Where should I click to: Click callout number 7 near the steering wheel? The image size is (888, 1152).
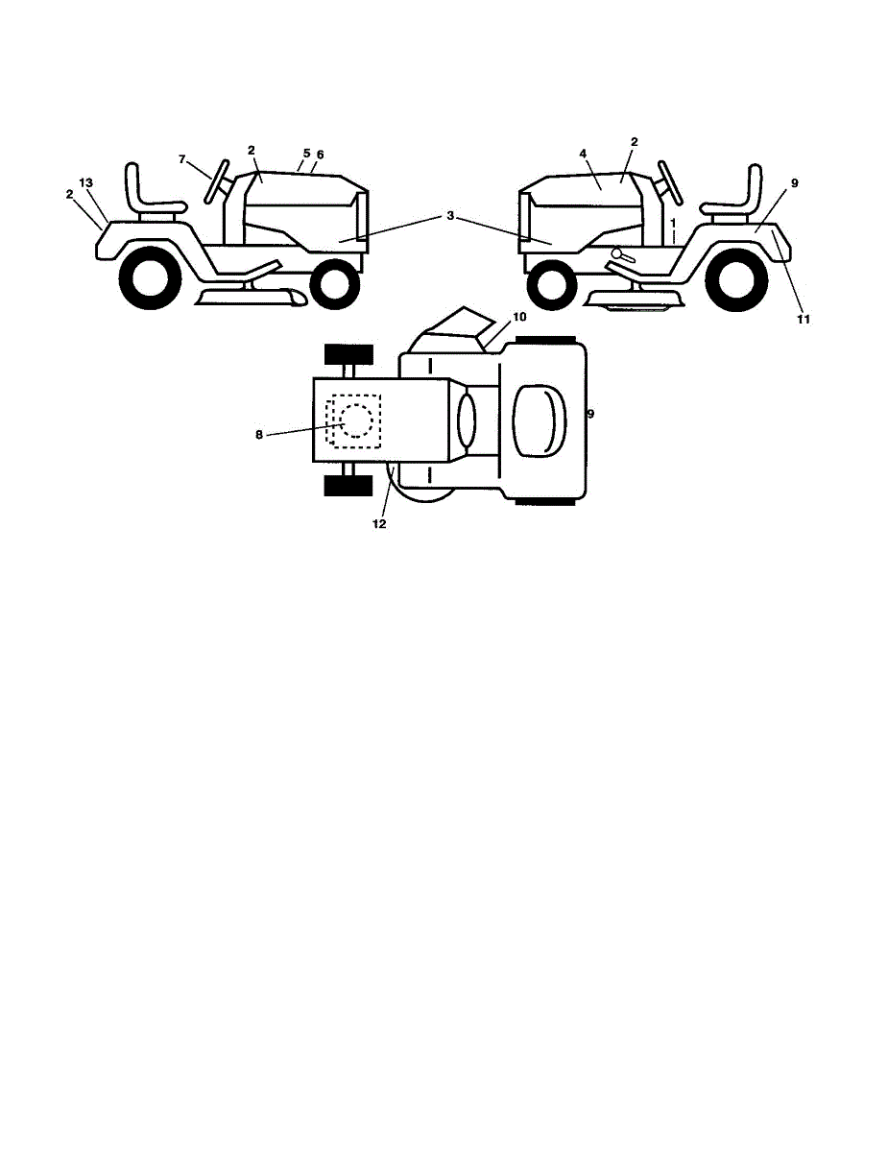click(x=181, y=159)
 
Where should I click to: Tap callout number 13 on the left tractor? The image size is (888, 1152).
click(x=85, y=183)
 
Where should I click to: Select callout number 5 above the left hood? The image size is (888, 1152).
click(x=306, y=153)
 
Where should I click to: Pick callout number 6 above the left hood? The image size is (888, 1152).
click(x=320, y=155)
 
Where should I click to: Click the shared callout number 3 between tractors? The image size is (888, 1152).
click(x=450, y=216)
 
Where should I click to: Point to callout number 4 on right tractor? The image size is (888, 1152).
click(x=583, y=154)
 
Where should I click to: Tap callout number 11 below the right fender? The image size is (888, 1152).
click(x=804, y=319)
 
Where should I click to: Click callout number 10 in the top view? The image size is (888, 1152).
click(x=519, y=317)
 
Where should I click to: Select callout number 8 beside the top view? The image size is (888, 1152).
click(x=258, y=435)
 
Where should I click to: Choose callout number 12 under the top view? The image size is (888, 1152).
click(x=379, y=524)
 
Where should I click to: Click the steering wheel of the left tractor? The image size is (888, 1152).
click(x=217, y=180)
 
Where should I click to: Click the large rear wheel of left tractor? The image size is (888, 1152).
click(x=151, y=277)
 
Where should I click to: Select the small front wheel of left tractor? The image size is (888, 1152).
click(x=334, y=285)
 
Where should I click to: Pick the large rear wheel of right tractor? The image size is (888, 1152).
click(x=736, y=279)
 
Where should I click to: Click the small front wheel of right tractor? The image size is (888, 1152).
click(x=552, y=285)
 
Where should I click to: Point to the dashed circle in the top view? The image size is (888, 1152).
click(x=356, y=420)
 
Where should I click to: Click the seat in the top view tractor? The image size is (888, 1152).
click(x=540, y=420)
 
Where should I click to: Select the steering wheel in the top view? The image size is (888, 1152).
click(x=467, y=420)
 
